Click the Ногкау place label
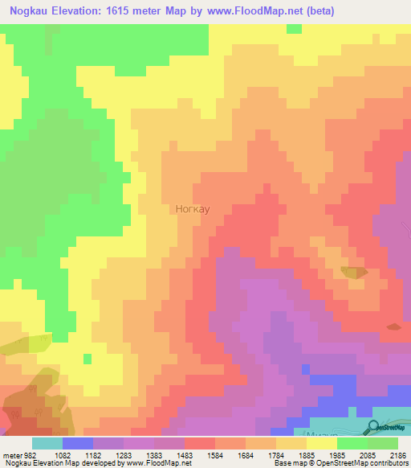[x=193, y=209]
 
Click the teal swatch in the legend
[x=47, y=443]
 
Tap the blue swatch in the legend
[x=78, y=443]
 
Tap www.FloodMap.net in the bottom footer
[x=157, y=464]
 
